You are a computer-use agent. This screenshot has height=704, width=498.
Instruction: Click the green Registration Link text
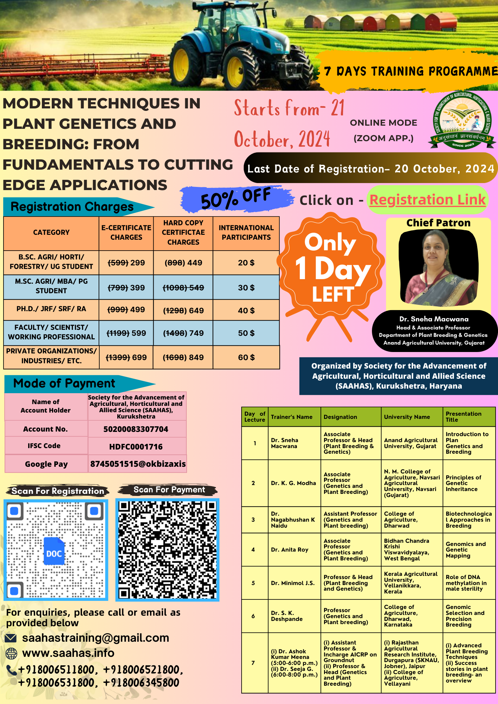click(x=427, y=200)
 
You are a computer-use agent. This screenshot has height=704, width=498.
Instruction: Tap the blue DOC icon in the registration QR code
click(x=54, y=551)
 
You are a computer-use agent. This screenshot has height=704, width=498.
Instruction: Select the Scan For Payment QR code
click(x=167, y=549)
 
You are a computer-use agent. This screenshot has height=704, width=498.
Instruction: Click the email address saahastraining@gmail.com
click(x=95, y=638)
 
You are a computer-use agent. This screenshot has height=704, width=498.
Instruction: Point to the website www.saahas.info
click(x=68, y=653)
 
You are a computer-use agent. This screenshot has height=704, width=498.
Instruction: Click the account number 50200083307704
click(x=136, y=429)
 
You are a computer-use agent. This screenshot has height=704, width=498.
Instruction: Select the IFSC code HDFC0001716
click(x=136, y=447)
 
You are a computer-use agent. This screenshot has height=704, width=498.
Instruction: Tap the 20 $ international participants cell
click(x=246, y=263)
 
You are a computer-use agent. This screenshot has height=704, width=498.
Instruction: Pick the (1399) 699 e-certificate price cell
click(x=126, y=357)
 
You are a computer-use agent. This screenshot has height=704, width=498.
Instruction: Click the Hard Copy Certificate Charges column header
click(x=183, y=233)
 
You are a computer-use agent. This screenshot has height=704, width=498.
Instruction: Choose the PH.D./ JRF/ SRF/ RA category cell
click(x=51, y=309)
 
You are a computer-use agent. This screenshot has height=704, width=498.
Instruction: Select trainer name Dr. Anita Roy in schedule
click(x=290, y=549)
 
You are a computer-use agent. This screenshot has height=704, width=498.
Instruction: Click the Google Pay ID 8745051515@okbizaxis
click(x=138, y=464)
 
